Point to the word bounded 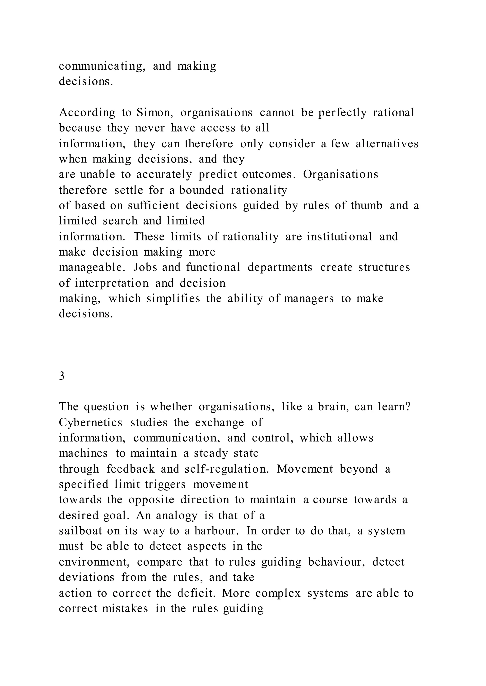pos(201,190)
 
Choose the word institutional pos(339,237)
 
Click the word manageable pos(92,267)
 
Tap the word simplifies pos(173,298)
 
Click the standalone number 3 pos(62,376)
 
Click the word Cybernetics pos(90,423)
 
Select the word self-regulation pos(227,469)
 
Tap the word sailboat pos(80,531)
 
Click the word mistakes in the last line pos(125,609)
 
